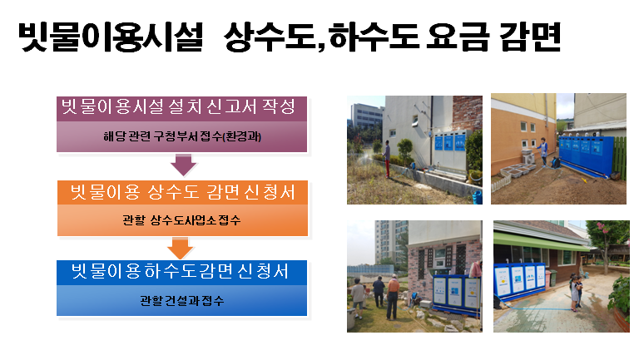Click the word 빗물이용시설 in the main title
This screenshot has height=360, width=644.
[x=111, y=36]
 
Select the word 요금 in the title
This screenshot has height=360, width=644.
[x=458, y=36]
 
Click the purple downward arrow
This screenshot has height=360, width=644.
[x=183, y=164]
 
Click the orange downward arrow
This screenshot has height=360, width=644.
[x=180, y=248]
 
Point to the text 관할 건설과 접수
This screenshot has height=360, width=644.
[x=181, y=301]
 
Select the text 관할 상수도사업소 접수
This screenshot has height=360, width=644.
[x=181, y=220]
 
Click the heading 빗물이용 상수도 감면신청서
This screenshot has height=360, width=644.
[x=182, y=192]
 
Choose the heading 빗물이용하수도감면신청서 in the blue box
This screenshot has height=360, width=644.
[x=181, y=271]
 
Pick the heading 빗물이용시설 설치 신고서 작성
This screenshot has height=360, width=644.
[x=178, y=106]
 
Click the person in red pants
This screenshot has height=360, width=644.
[x=386, y=159]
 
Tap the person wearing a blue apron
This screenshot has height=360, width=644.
[x=543, y=151]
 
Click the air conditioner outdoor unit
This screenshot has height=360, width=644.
[x=528, y=156]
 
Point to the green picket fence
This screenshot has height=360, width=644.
[x=620, y=159]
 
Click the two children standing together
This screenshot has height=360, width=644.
[x=576, y=293]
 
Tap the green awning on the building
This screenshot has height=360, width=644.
[x=542, y=242]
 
